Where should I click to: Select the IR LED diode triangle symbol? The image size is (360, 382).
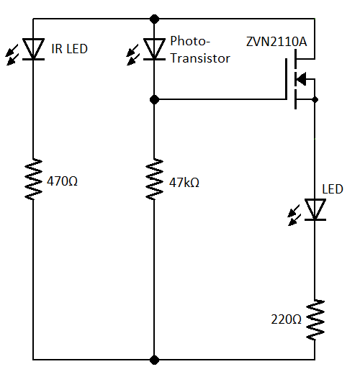33,49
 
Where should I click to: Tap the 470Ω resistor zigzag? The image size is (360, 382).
33,179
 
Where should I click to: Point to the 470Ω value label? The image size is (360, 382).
62,181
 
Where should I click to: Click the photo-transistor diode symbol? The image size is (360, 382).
154,49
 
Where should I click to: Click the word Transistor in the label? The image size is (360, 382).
199,58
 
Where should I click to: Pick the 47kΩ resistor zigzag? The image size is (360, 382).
154,179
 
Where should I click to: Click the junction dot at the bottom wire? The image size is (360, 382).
154,358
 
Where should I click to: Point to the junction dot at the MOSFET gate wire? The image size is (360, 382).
154,99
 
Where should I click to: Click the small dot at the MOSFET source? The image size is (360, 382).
315,99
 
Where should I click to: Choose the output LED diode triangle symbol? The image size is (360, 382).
315,209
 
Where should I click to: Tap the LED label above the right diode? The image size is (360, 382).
333,189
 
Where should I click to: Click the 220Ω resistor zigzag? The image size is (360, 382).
315,320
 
